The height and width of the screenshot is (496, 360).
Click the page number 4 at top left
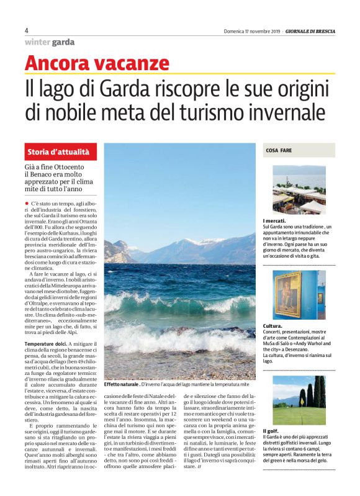point(27,30)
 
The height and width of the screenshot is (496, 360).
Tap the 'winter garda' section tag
point(49,42)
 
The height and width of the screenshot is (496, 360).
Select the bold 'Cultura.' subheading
point(274,325)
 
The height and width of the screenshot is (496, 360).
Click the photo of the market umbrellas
point(299,190)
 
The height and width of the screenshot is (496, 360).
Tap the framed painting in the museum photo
point(288,295)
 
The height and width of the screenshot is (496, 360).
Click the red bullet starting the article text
point(27,204)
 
